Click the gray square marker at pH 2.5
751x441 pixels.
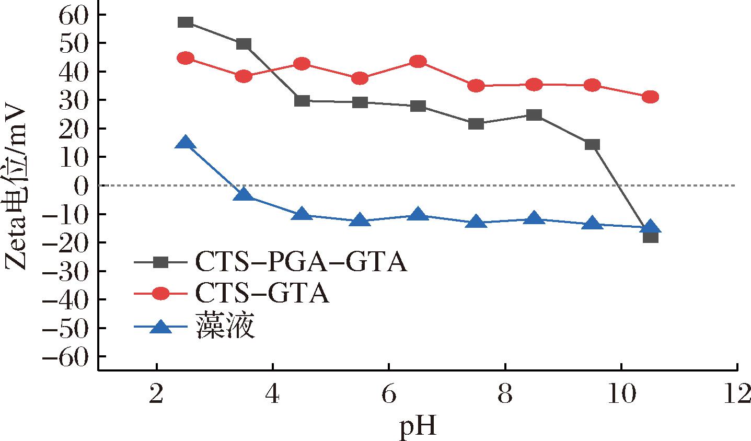click(186, 22)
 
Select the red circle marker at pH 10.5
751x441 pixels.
click(650, 97)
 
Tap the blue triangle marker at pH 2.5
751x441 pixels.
click(186, 143)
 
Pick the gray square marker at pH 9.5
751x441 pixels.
click(592, 145)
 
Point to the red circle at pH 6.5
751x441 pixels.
click(418, 62)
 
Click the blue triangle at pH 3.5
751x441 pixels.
click(244, 195)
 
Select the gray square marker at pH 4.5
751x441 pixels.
click(302, 101)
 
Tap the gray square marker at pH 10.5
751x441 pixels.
click(650, 237)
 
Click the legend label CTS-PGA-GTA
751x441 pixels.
click(301, 263)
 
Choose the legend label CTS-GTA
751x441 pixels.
click(262, 294)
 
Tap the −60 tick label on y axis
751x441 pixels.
click(68, 356)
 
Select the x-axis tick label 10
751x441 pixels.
click(621, 396)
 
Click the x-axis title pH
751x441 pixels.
click(417, 427)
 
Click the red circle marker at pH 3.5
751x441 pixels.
click(244, 76)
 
